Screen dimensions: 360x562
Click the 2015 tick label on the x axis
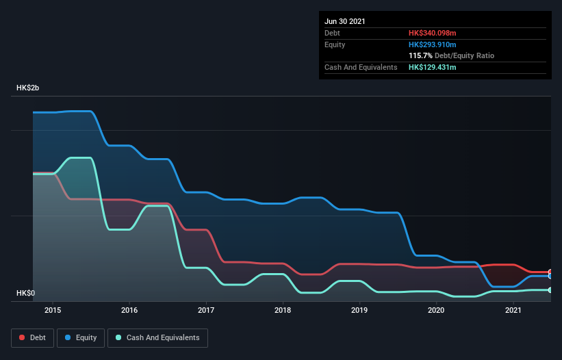[x=53, y=310]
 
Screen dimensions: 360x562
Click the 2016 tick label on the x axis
[x=129, y=310]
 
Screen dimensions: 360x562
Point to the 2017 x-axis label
[x=206, y=310]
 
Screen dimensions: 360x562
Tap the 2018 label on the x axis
[x=283, y=310]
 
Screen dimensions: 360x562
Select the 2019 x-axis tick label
[x=359, y=310]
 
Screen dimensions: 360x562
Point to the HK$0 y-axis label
[x=27, y=293]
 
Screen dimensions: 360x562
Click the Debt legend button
[x=32, y=337]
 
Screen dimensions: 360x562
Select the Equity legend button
[x=81, y=337]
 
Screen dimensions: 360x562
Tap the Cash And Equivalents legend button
[x=157, y=337]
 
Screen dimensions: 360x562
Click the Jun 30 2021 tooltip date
[x=345, y=21]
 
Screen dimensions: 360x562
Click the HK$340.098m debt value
[x=432, y=33]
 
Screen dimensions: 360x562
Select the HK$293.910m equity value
[x=432, y=44]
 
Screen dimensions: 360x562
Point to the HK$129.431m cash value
[x=432, y=67]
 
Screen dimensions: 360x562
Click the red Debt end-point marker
[x=550, y=272]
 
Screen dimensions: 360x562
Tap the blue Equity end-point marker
[x=550, y=276]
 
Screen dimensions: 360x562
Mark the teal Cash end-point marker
[x=550, y=290]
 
